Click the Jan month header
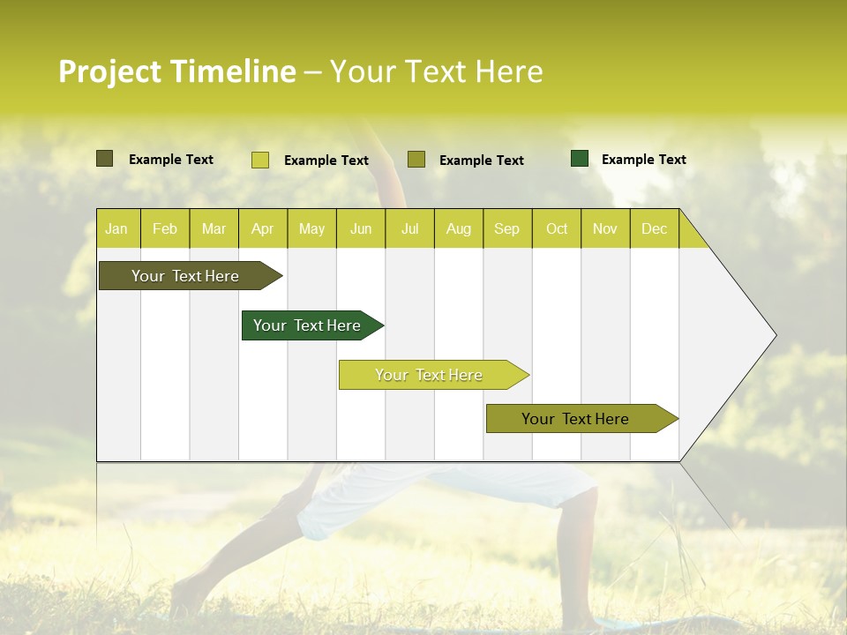116,228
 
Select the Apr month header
263,228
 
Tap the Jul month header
409,228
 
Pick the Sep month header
506,228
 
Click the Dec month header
654,228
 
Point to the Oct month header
557,228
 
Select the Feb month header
165,228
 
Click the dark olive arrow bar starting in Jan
185,276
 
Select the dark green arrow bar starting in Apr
307,325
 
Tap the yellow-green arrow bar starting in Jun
429,375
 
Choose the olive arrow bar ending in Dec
575,419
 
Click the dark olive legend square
105,159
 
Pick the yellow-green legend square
260,160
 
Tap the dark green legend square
580,159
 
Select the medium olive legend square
416,159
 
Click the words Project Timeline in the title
177,71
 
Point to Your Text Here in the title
436,71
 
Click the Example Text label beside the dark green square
643,160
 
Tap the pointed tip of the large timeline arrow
774,335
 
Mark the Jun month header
361,228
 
